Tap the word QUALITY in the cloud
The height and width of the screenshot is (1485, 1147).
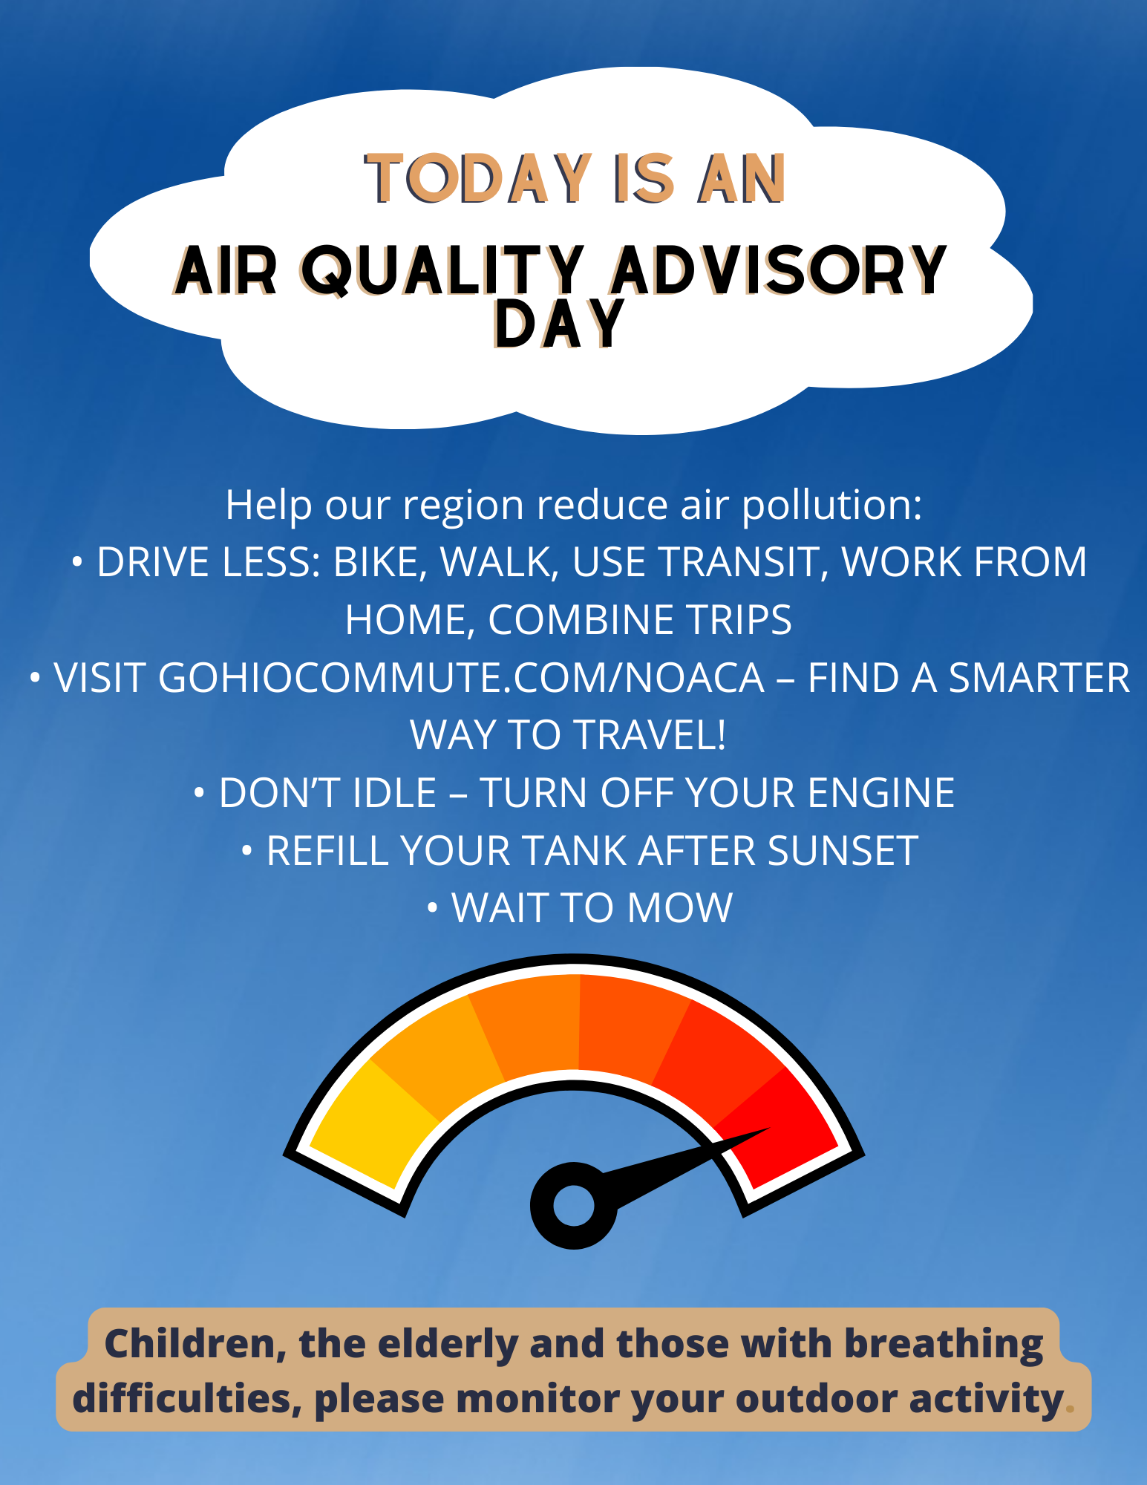(x=442, y=270)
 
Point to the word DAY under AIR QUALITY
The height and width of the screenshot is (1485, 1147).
(x=558, y=324)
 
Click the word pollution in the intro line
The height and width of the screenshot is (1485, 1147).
(x=831, y=505)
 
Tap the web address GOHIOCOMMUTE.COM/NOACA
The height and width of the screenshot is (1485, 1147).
(x=461, y=678)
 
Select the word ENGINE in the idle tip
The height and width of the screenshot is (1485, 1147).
(x=880, y=793)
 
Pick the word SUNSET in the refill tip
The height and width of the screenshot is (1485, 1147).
(x=843, y=851)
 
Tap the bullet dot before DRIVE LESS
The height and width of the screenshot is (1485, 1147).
(x=77, y=562)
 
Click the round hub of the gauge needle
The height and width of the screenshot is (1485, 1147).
(x=574, y=1206)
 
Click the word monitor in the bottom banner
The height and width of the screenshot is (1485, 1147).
(x=538, y=1400)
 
